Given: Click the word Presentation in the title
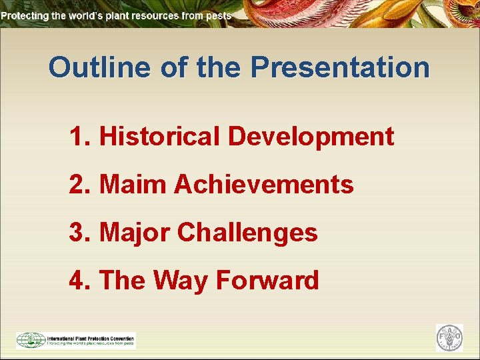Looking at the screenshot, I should point(340,67).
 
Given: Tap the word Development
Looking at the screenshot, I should point(311,137).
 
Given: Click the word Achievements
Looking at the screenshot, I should point(263,185).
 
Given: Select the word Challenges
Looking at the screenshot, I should point(247,233).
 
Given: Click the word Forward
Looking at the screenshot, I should point(267,281).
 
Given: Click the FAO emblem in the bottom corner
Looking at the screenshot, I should point(449,338).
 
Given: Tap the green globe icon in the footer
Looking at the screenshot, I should point(30,340).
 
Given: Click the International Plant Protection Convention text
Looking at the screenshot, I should point(90,337).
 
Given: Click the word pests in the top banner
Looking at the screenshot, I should point(217,15).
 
